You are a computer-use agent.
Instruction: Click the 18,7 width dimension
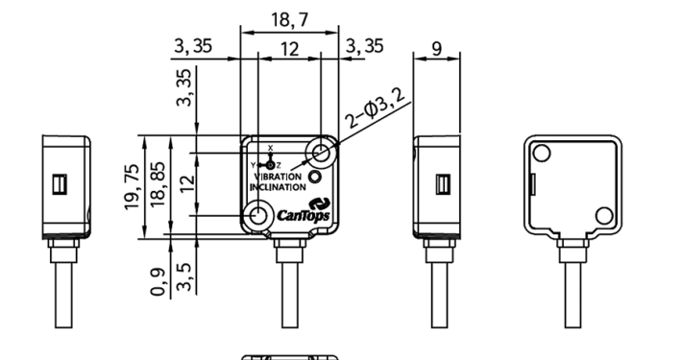point(290,19)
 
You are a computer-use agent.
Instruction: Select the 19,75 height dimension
point(132,187)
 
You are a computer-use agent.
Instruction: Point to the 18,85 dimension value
point(158,184)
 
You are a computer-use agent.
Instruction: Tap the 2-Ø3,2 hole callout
point(375,107)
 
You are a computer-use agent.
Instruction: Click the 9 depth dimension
point(437,49)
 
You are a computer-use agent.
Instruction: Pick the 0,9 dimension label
point(158,281)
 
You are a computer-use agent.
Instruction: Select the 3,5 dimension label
point(184,276)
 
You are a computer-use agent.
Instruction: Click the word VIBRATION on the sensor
point(278,177)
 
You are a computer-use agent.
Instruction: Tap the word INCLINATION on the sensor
point(278,187)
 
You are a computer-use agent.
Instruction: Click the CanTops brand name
point(304,215)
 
